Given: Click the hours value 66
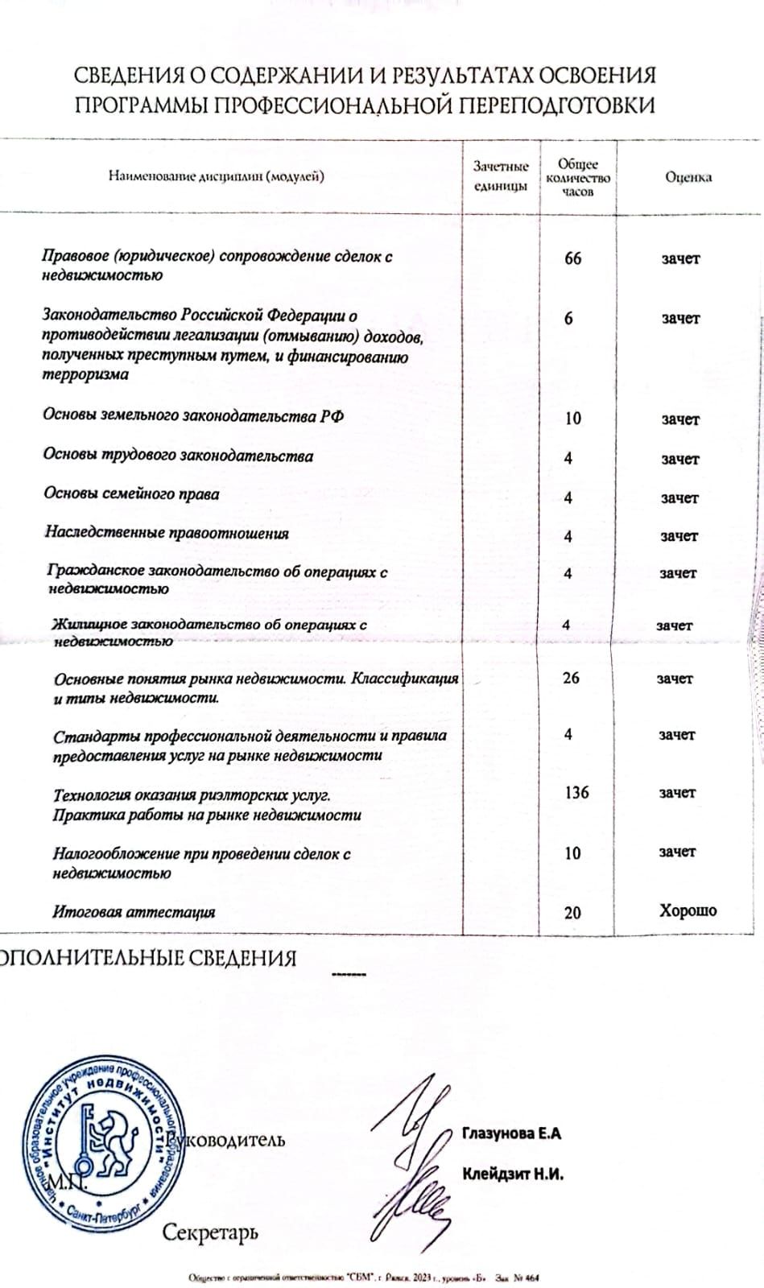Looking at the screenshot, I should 572,258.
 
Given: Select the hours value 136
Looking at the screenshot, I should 576,793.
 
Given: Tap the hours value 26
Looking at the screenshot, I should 571,679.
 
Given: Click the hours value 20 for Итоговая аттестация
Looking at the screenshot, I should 572,913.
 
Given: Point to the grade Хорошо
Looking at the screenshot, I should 688,911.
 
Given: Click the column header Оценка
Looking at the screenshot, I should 688,178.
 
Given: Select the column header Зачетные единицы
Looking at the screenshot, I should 501,176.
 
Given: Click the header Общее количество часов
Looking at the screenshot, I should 578,178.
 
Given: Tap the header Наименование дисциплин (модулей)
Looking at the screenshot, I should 217,176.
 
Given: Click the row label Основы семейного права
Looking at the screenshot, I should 131,494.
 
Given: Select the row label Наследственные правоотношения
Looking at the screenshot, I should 167,533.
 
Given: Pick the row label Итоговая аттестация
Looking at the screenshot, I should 134,913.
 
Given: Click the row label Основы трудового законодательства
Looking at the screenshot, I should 178,456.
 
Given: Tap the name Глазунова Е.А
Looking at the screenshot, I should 511,1133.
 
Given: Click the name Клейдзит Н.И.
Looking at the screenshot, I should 513,1174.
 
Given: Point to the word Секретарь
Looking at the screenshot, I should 210,1232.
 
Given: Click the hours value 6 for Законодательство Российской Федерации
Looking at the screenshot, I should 568,319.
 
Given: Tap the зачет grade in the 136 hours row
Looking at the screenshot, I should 677,793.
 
